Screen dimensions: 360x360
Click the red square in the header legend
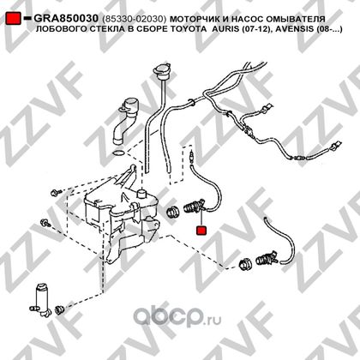pyautogui.click(x=13, y=18)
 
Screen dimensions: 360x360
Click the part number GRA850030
pyautogui.click(x=66, y=19)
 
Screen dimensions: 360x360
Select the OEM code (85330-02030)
pyautogui.click(x=134, y=19)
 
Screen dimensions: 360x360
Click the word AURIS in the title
pyautogui.click(x=226, y=29)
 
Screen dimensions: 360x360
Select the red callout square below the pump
pyautogui.click(x=201, y=231)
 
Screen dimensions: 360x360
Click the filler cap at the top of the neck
pyautogui.click(x=162, y=71)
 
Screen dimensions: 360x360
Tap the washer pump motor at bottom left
pyautogui.click(x=42, y=300)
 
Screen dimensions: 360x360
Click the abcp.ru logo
pyautogui.click(x=177, y=316)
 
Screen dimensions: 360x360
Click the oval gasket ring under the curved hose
pyautogui.click(x=118, y=153)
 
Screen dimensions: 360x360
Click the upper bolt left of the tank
pyautogui.click(x=56, y=193)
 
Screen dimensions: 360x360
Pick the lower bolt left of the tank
pyautogui.click(x=45, y=223)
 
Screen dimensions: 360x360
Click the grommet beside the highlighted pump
pyautogui.click(x=172, y=212)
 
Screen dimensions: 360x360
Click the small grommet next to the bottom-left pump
pyautogui.click(x=60, y=309)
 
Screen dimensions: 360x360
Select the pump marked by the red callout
pyautogui.click(x=195, y=207)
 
